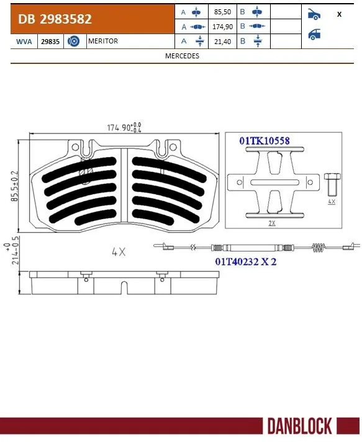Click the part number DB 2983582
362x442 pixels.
click(55, 19)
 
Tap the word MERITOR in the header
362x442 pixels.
click(103, 41)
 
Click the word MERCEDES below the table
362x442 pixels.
click(182, 55)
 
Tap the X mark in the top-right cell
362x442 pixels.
click(339, 14)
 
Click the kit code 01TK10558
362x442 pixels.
click(265, 141)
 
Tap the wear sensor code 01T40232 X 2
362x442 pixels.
click(246, 261)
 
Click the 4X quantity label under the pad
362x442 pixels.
click(118, 252)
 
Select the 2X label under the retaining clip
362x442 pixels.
click(271, 222)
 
